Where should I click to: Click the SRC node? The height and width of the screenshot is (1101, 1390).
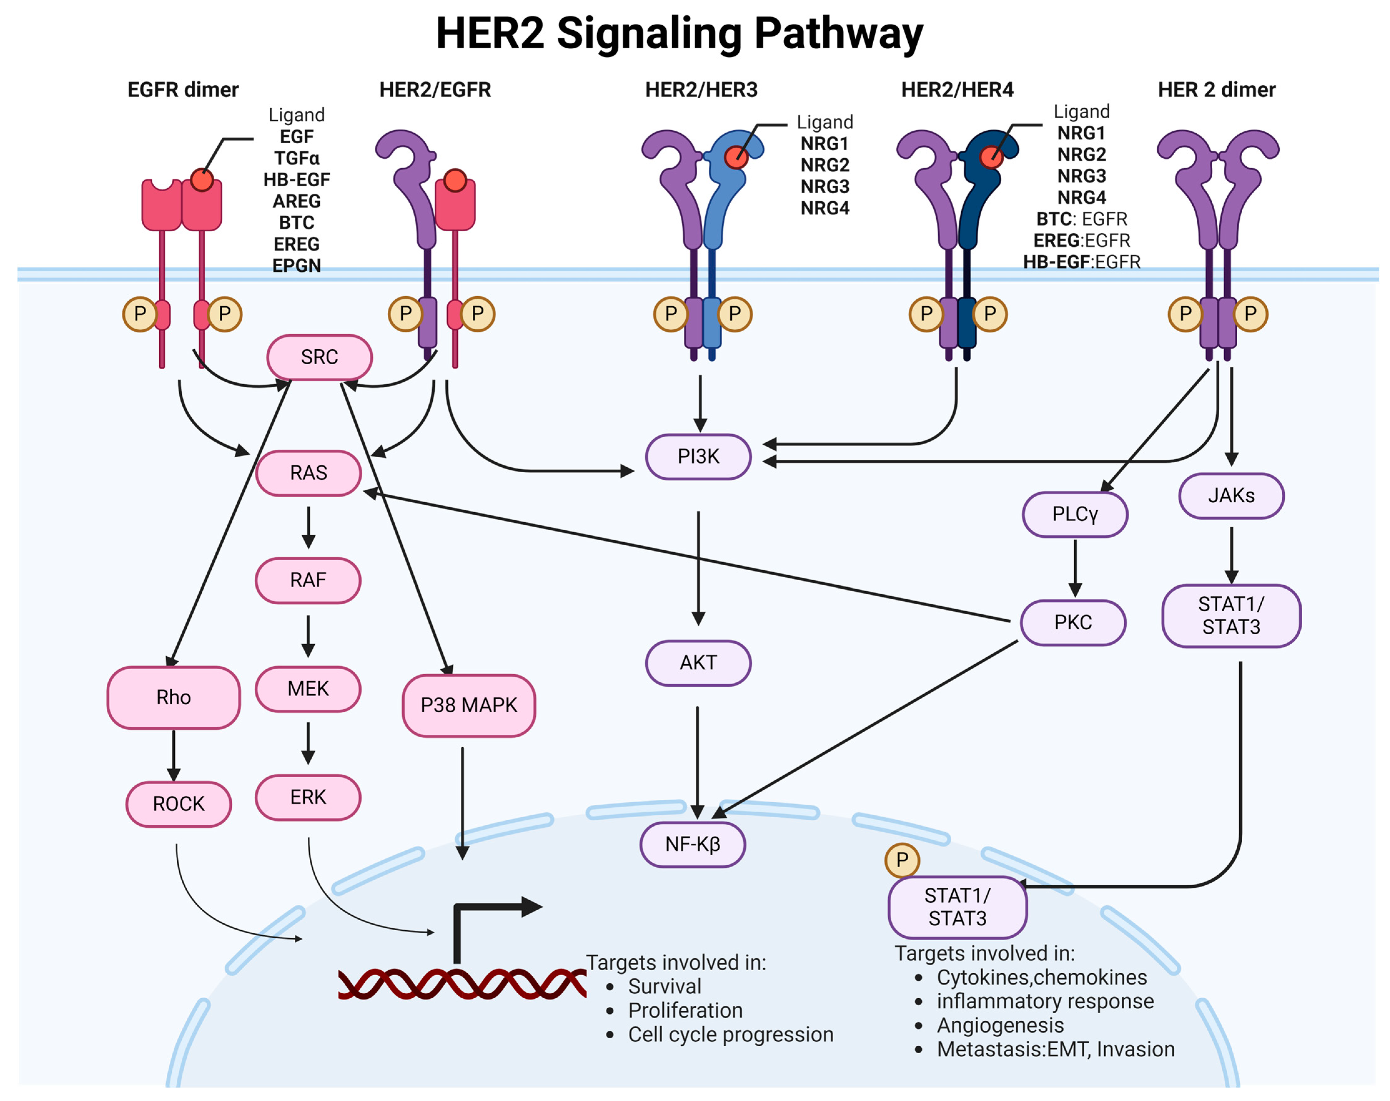(319, 357)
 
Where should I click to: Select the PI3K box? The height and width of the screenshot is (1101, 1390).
(698, 456)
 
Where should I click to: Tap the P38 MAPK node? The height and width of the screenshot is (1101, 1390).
(469, 705)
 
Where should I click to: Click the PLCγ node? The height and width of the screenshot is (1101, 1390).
(1075, 514)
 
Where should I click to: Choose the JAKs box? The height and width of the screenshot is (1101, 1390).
(1231, 496)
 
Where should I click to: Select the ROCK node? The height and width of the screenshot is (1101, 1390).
(179, 804)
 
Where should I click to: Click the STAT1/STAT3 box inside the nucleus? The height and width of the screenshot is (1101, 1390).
(957, 907)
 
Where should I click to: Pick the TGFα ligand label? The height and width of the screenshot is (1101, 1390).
(297, 158)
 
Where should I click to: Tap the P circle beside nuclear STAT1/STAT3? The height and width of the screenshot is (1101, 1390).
(902, 860)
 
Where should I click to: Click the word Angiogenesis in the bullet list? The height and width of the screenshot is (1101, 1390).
(1000, 1025)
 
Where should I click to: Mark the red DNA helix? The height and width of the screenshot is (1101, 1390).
(461, 984)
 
